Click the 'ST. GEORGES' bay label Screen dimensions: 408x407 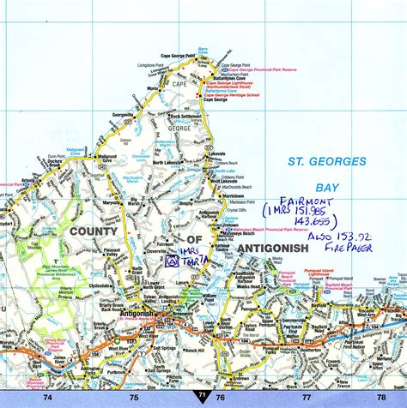[321, 160]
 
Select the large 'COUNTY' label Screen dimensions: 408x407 [94, 231]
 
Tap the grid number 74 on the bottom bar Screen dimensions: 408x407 [47, 397]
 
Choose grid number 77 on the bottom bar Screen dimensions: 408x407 [307, 397]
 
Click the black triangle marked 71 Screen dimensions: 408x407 [202, 395]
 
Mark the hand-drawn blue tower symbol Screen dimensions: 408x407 [171, 261]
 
